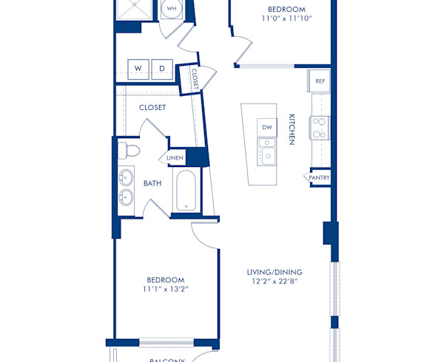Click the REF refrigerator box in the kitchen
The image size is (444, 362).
pos(320,81)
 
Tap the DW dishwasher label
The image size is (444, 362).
pos(267,128)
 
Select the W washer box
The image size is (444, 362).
pos(138,69)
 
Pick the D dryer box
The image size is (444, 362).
pos(162,69)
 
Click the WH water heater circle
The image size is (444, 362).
pos(172,9)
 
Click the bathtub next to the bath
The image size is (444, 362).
pos(185,191)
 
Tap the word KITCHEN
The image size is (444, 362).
pos(292,129)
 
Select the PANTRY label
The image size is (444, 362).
pos(320,178)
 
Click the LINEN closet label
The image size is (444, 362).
pos(175,158)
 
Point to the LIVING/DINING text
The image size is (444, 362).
pos(275,272)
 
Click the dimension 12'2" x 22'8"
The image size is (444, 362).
pos(275,281)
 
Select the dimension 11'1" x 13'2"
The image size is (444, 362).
pos(165,289)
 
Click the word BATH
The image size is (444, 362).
pos(152,183)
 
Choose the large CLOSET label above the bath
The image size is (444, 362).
pos(152,107)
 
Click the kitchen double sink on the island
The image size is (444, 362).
pos(266,156)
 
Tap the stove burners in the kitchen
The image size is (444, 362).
pos(319,128)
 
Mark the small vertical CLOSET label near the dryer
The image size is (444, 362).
pos(195,78)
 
